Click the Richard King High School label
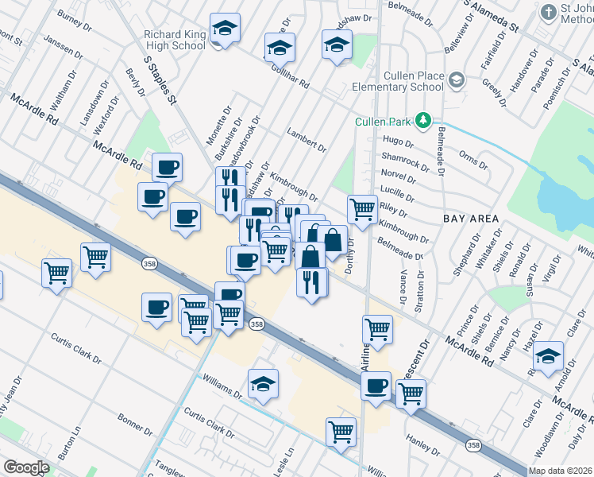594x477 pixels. [x=175, y=40]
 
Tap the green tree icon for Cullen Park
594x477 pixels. [x=424, y=120]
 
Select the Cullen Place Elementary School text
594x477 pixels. [x=412, y=80]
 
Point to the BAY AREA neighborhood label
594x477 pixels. [x=471, y=219]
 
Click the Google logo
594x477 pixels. [x=25, y=467]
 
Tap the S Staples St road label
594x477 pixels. [x=160, y=78]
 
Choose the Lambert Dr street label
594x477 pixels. [x=307, y=142]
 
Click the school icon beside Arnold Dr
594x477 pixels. [x=548, y=356]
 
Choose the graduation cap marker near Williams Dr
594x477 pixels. [x=263, y=384]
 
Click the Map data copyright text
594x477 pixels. [x=560, y=471]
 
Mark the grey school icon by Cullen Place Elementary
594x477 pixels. [x=456, y=79]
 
